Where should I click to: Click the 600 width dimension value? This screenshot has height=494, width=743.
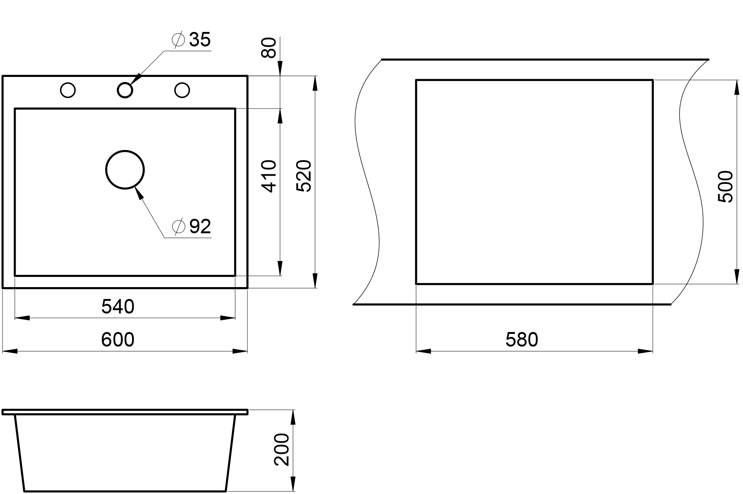117,340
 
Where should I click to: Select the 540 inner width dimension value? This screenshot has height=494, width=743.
118,307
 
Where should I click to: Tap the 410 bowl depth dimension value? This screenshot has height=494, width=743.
270,176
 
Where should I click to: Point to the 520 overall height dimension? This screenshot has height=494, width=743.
304,176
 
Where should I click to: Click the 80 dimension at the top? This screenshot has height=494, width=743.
269,48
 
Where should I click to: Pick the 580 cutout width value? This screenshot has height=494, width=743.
522,340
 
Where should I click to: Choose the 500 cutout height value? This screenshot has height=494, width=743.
725,186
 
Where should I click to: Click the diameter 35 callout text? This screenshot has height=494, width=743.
191,40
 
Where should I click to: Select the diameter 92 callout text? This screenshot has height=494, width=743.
192,226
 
